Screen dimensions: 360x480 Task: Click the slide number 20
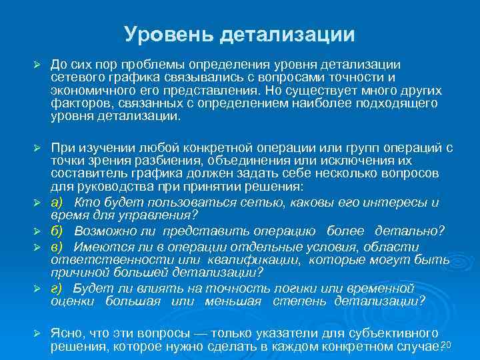(x=447, y=343)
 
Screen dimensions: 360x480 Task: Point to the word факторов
(x=77, y=103)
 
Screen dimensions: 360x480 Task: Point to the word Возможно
(x=101, y=231)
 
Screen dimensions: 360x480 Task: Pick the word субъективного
(x=393, y=333)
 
